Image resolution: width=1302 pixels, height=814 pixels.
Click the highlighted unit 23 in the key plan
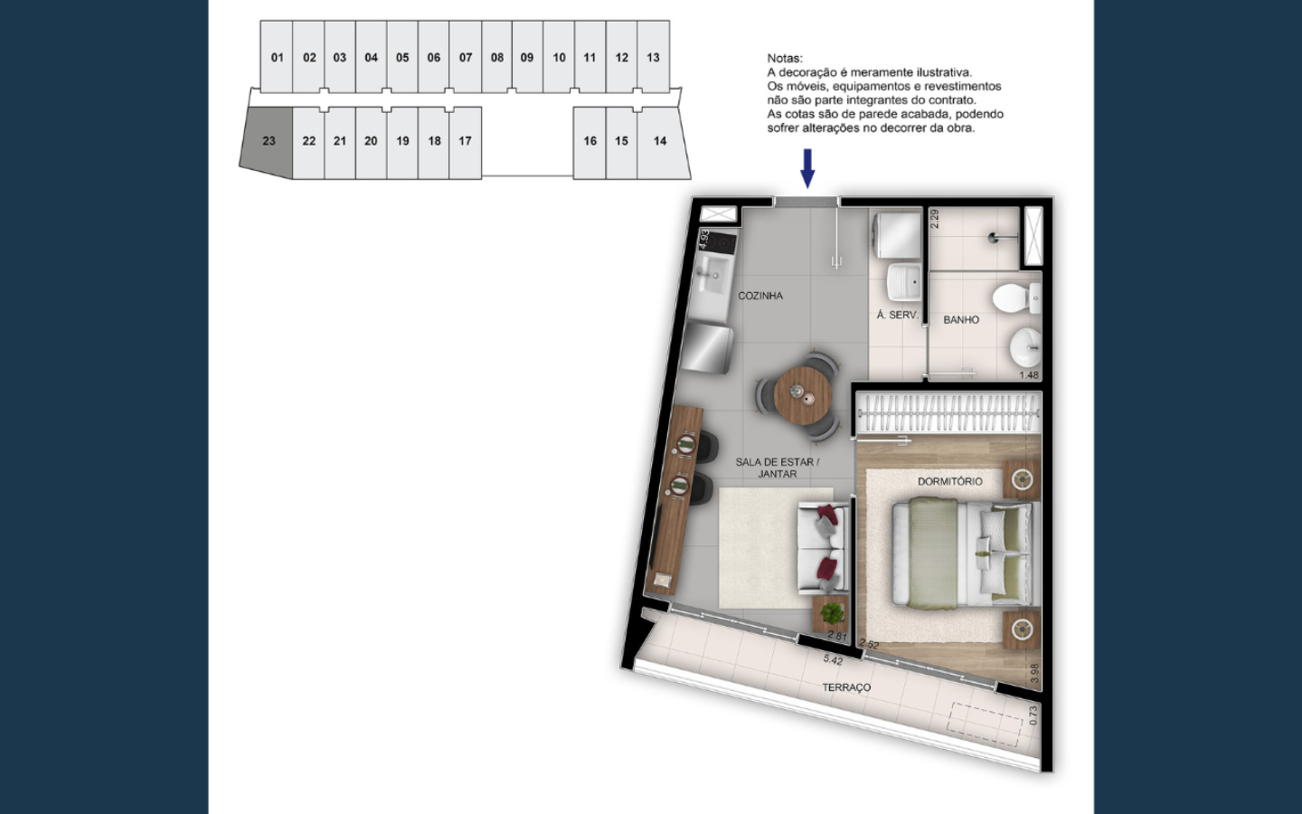click(268, 141)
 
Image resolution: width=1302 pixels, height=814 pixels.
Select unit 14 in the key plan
click(663, 141)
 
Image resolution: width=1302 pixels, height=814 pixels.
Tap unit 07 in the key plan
click(465, 57)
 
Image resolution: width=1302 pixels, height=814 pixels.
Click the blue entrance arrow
click(807, 168)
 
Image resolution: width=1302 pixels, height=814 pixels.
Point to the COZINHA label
click(760, 296)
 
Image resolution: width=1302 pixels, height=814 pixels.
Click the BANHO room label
click(961, 320)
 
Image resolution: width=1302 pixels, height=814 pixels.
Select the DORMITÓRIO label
click(949, 481)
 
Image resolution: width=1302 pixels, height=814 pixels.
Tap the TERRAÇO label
click(846, 687)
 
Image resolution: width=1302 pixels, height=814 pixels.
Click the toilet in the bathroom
click(1016, 298)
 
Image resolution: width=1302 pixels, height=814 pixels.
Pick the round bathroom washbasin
click(1025, 347)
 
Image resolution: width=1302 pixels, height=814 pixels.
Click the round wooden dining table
click(802, 395)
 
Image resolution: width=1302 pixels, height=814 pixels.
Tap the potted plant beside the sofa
click(833, 613)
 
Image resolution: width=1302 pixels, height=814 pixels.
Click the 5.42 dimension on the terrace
click(833, 660)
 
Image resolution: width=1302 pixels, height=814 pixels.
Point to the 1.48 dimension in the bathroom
click(1029, 375)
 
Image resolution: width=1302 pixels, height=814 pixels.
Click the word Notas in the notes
click(785, 58)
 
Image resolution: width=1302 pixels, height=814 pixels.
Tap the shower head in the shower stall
click(995, 237)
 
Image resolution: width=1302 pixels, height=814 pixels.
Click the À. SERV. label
click(898, 315)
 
